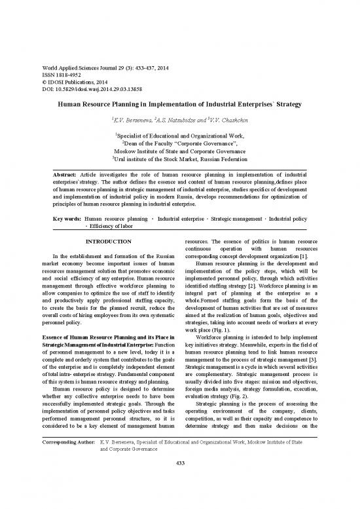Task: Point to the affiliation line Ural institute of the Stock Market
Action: tap(180, 162)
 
